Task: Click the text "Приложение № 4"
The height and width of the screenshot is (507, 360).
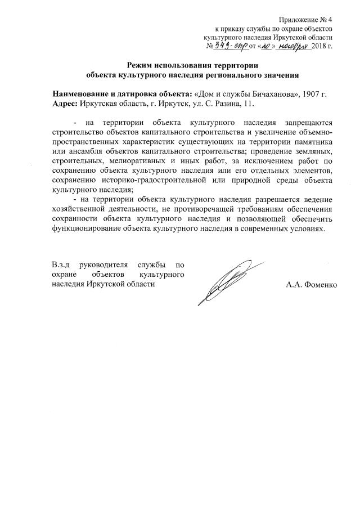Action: [306, 19]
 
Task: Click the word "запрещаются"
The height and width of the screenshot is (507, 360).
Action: [309, 122]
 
